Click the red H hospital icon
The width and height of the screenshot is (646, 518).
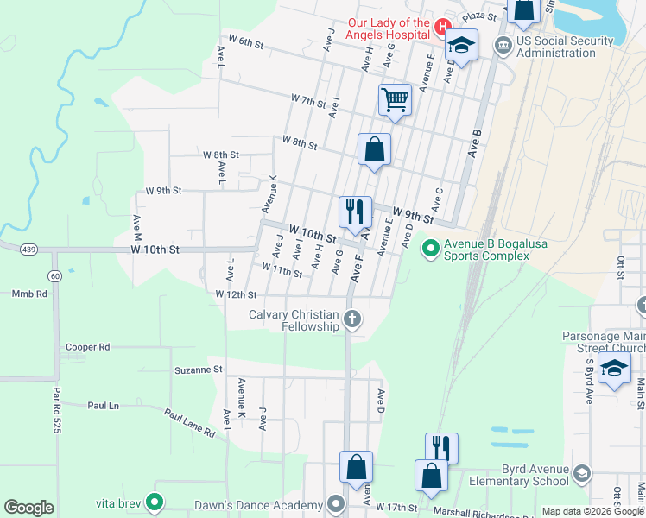point(443,27)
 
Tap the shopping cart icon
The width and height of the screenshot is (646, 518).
point(395,99)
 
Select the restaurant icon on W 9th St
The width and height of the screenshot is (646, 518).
point(355,211)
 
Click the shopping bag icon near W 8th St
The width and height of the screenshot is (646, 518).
point(374,149)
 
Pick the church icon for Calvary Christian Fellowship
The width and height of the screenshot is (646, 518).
point(351,319)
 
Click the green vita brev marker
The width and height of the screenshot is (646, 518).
point(155,501)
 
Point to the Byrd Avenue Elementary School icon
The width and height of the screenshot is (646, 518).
point(582,473)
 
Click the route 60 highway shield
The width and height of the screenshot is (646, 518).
point(54,276)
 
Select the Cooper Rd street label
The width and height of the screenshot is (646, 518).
point(87,347)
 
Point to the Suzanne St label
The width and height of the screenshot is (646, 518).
point(199,369)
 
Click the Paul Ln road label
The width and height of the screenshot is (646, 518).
point(104,404)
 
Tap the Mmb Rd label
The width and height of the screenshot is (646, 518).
point(29,294)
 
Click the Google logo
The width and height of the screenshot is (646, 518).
point(28,507)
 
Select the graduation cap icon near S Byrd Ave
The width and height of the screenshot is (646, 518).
point(614,370)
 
